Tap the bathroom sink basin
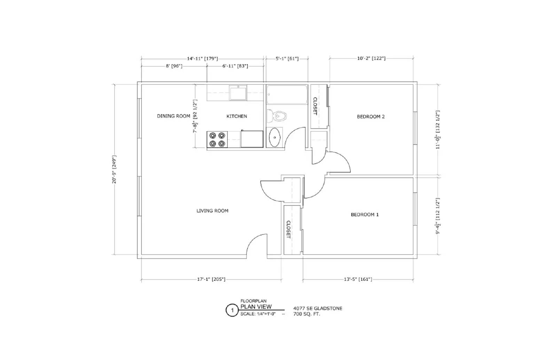pos(275,138)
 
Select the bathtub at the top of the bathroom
pos(287,95)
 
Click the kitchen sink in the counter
pos(238,93)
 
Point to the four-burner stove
pos(217,139)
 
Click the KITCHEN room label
pos(237,116)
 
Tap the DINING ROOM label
pos(173,116)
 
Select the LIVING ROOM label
pos(212,210)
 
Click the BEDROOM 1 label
pos(364,215)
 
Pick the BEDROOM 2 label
pos(370,117)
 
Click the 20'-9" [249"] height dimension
pos(114,169)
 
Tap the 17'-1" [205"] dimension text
pos(211,279)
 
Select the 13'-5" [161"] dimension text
pos(358,279)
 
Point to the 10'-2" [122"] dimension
pos(371,58)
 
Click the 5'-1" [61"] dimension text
pos(287,59)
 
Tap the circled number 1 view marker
pos(232,310)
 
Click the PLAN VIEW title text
pos(256,307)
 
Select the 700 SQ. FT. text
pos(306,314)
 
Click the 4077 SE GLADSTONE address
pos(317,308)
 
